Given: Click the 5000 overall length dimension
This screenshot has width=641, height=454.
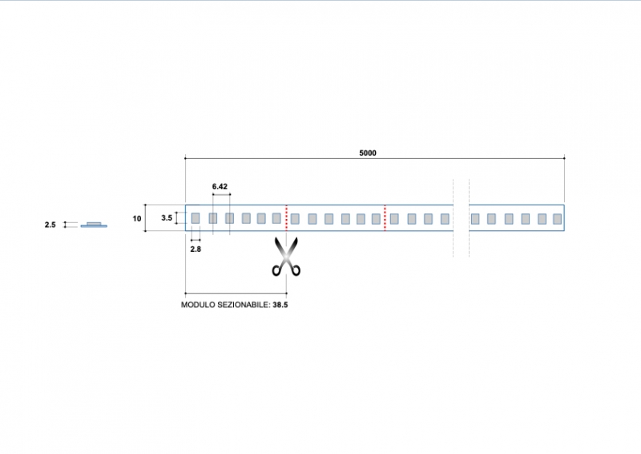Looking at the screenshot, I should [x=369, y=152].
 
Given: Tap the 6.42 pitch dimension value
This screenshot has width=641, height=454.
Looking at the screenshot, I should [x=220, y=186].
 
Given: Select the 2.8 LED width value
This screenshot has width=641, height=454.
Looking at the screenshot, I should [x=196, y=250].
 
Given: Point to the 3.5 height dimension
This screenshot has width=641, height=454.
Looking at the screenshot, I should [x=167, y=217].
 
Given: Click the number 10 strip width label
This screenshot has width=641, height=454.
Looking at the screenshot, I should [x=137, y=218].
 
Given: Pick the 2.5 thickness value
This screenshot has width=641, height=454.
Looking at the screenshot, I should [x=50, y=225].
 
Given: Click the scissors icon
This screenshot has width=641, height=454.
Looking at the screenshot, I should [x=286, y=257].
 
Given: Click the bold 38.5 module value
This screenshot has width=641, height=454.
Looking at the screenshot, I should [x=280, y=306].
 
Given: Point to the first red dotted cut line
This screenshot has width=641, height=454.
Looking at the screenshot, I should [x=286, y=217].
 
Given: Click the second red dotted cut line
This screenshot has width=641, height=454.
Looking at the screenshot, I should [x=385, y=217].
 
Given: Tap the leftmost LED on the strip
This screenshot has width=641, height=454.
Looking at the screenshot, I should [x=195, y=217].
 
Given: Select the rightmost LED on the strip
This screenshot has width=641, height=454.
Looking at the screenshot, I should [x=554, y=218].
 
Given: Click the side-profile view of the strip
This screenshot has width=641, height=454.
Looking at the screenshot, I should [x=94, y=225].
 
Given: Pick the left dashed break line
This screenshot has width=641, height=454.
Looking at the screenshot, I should [x=454, y=218].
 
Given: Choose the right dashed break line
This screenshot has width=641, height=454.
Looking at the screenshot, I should [x=469, y=218].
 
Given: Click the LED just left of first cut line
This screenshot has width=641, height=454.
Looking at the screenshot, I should [x=276, y=217].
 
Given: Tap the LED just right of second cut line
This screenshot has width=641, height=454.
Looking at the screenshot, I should [x=394, y=218].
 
